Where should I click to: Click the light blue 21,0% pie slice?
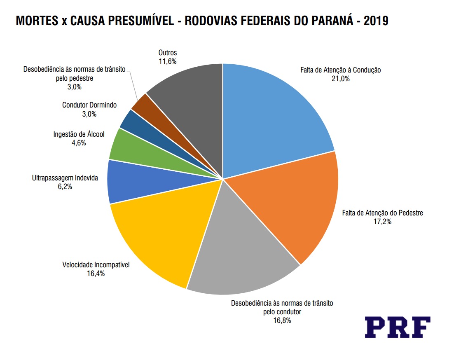272,119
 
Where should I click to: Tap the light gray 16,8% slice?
239,255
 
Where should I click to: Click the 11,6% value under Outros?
168,61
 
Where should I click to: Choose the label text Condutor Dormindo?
89,105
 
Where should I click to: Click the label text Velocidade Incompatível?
96,264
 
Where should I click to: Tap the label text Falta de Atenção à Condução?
341,70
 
